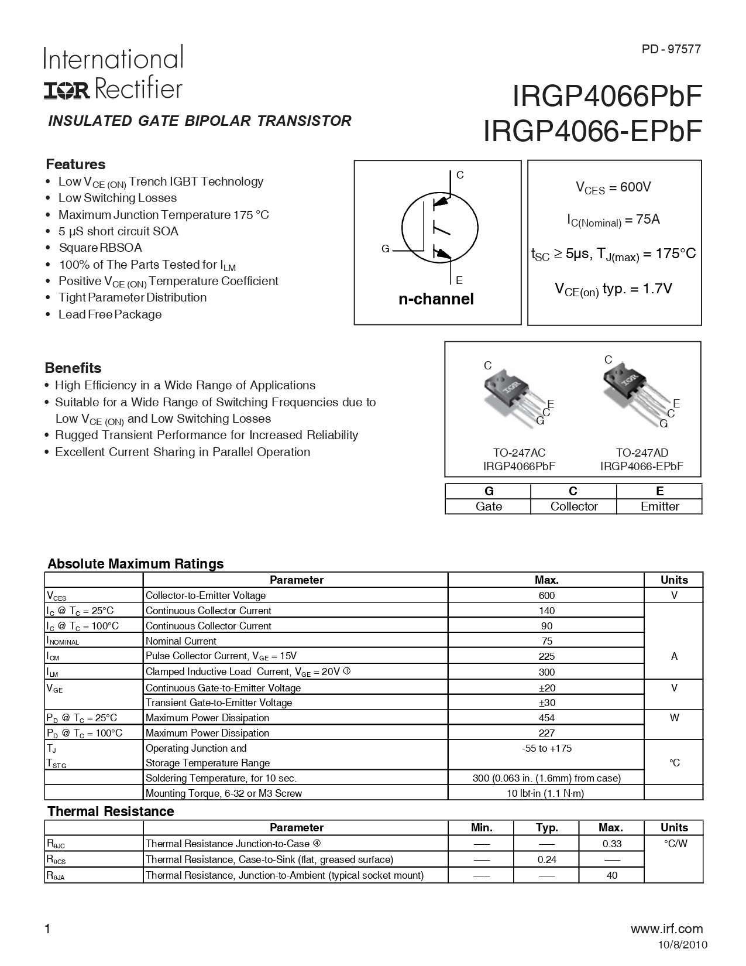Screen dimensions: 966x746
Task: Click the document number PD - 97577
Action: tap(671, 50)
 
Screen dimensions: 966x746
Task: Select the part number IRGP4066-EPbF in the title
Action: tap(592, 132)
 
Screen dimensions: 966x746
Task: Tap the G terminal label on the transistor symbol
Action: tap(385, 249)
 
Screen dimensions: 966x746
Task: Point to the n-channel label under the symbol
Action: tap(436, 299)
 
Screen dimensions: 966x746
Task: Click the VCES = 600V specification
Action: tap(614, 187)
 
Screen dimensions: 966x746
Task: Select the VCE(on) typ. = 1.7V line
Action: tap(613, 289)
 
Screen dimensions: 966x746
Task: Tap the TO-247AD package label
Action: tap(641, 453)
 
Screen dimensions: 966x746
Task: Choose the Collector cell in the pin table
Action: tap(573, 506)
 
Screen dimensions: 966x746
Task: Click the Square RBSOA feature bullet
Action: tap(100, 248)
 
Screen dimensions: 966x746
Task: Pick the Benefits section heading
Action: tap(73, 368)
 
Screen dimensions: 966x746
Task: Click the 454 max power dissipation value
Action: tap(546, 718)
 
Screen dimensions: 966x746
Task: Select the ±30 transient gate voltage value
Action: tap(546, 703)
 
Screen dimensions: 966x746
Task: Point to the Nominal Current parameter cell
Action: tap(181, 641)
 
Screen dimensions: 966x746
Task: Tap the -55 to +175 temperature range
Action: tap(546, 748)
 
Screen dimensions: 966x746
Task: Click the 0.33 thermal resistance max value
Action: tap(611, 844)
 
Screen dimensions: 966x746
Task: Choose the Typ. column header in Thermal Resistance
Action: tap(546, 828)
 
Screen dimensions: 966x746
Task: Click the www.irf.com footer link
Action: tap(667, 929)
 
